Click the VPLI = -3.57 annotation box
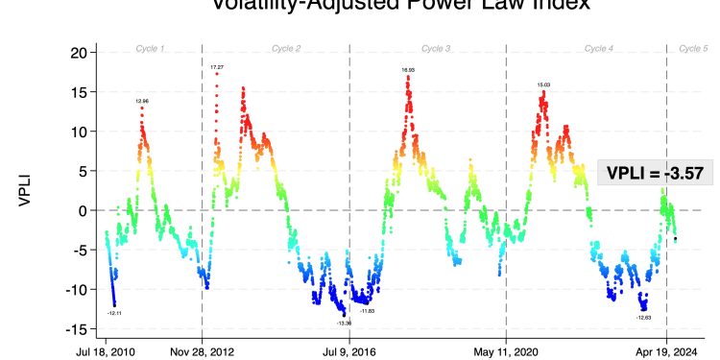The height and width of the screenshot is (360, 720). (656, 173)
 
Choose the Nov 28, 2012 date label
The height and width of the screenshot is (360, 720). (202, 351)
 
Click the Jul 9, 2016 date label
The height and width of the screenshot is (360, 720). (349, 351)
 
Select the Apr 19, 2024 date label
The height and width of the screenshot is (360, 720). (667, 351)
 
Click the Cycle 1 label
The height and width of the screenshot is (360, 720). (149, 48)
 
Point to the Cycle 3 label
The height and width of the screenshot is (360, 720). (436, 48)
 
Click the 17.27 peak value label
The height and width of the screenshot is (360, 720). (218, 67)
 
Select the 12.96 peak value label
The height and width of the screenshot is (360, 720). (142, 101)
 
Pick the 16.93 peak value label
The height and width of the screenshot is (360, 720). (408, 70)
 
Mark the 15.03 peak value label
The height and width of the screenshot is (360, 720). (544, 85)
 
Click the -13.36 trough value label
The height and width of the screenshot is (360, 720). (345, 324)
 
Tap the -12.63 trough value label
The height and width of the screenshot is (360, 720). (644, 317)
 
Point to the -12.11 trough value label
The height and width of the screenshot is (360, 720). (114, 313)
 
